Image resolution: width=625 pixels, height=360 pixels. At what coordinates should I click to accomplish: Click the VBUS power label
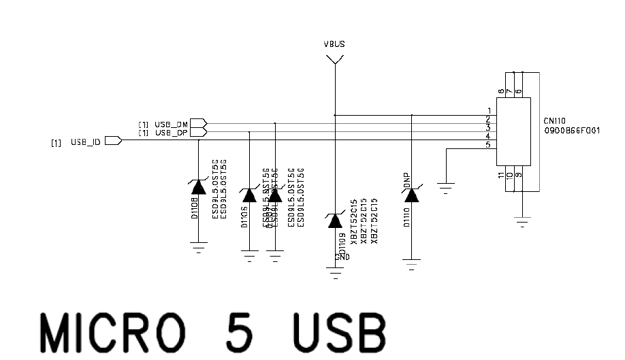point(334,44)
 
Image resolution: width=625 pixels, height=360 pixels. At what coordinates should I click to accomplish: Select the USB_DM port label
point(171,124)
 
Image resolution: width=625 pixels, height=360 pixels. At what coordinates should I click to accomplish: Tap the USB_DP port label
point(171,132)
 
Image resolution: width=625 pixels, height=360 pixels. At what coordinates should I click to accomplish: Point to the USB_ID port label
point(86,142)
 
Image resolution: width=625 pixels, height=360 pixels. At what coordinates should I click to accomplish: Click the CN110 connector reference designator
point(556,120)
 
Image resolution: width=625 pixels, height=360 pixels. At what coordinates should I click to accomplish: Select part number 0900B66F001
point(572,129)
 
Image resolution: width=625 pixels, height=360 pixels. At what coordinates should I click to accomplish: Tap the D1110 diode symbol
point(411,196)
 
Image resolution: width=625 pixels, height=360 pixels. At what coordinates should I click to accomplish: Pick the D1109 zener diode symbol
point(334,220)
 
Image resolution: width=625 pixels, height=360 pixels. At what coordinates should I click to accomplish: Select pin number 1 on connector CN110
point(489,111)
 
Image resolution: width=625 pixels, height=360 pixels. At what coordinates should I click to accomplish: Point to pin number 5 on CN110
point(488,144)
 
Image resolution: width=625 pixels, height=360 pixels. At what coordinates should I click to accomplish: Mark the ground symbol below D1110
point(411,263)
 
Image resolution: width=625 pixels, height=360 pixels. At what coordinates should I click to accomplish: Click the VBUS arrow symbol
point(334,60)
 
